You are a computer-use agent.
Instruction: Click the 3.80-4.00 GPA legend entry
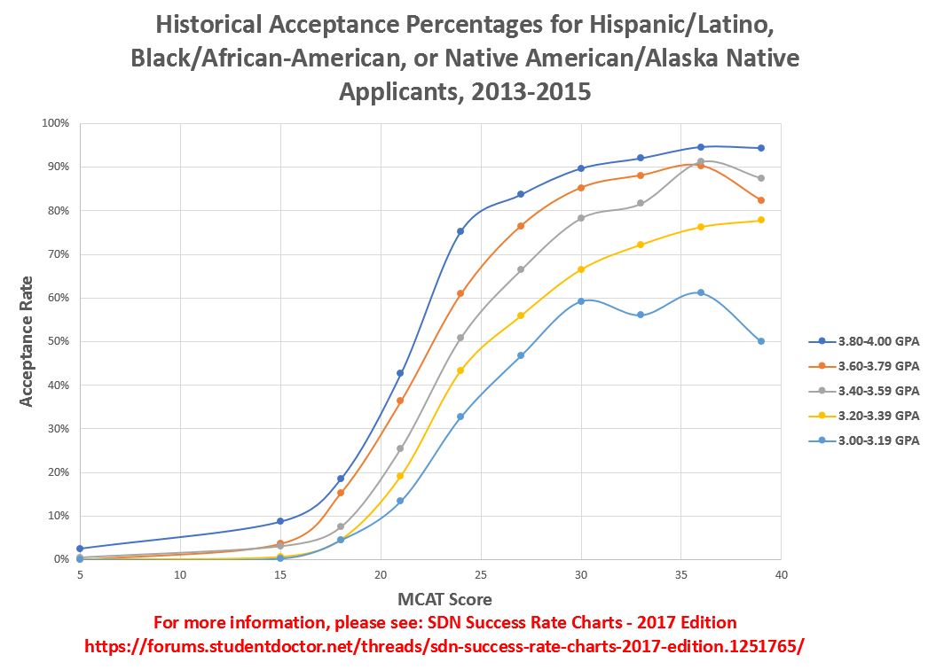pyautogui.click(x=864, y=341)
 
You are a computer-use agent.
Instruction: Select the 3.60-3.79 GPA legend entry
pyautogui.click(x=864, y=366)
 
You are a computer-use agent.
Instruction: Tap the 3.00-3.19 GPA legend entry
pyautogui.click(x=864, y=440)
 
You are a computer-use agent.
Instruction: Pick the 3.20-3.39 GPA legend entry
pyautogui.click(x=864, y=416)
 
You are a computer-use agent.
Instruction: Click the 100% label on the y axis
pyautogui.click(x=56, y=123)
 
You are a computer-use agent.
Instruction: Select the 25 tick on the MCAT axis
pyautogui.click(x=481, y=574)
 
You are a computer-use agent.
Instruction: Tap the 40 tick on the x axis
pyautogui.click(x=782, y=574)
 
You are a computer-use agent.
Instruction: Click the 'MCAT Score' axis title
pyautogui.click(x=444, y=599)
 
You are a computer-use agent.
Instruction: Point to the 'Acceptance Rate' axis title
pyautogui.click(x=26, y=341)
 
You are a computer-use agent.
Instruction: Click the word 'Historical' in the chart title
pyautogui.click(x=208, y=25)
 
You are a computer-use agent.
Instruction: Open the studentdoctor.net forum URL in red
pyautogui.click(x=444, y=645)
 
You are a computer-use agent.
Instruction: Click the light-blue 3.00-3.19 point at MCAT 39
pyautogui.click(x=761, y=341)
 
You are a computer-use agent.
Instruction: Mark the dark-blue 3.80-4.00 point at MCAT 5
pyautogui.click(x=80, y=549)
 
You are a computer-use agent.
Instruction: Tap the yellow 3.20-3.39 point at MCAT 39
pyautogui.click(x=761, y=220)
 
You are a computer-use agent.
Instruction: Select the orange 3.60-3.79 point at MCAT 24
pyautogui.click(x=460, y=293)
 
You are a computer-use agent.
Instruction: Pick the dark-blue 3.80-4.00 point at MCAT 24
pyautogui.click(x=460, y=231)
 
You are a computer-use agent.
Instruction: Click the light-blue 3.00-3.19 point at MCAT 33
pyautogui.click(x=641, y=315)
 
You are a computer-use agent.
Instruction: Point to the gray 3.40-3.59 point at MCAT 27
pyautogui.click(x=521, y=269)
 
